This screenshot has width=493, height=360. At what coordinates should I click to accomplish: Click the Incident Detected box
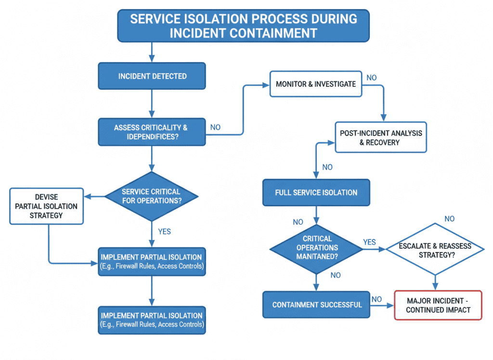click(x=152, y=76)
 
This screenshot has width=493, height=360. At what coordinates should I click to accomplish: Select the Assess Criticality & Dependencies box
click(x=152, y=132)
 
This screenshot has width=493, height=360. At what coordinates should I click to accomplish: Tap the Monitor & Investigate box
click(x=315, y=84)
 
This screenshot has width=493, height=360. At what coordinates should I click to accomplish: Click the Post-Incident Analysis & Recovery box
click(x=380, y=138)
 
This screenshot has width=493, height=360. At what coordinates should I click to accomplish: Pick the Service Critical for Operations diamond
click(x=152, y=196)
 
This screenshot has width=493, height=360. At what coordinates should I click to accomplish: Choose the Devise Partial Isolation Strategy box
click(x=46, y=206)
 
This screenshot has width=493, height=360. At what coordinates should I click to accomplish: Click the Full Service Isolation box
click(x=316, y=192)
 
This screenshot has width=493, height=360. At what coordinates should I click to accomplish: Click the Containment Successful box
click(x=316, y=305)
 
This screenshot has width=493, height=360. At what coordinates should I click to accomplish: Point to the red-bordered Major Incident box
click(x=438, y=305)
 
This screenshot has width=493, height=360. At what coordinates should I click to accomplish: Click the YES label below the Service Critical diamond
click(x=164, y=231)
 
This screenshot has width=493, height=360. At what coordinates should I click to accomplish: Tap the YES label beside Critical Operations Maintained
click(x=369, y=242)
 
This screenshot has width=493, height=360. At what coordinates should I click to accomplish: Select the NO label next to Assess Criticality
click(x=215, y=127)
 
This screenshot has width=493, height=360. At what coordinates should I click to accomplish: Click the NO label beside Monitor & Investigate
click(x=372, y=78)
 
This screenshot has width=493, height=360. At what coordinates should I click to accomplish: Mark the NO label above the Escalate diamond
click(x=449, y=219)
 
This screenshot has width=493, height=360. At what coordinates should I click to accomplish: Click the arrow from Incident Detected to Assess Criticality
click(x=152, y=104)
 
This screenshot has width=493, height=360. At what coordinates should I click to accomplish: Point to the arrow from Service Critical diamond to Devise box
click(x=94, y=196)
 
